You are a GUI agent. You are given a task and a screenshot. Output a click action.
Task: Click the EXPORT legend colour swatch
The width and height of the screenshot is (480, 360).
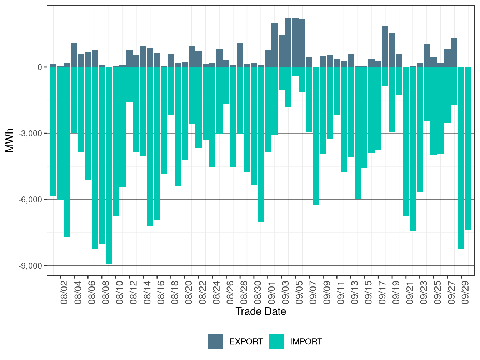216,341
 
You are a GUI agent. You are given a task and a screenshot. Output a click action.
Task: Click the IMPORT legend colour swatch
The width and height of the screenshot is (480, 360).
276,341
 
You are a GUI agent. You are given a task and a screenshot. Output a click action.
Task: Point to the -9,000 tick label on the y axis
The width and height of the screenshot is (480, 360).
32,266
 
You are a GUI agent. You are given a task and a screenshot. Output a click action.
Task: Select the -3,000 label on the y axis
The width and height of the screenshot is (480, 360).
32,134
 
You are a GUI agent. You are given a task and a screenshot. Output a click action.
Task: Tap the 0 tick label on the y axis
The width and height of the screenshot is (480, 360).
40,67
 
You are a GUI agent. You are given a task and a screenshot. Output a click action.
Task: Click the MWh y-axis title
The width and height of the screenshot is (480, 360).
10,140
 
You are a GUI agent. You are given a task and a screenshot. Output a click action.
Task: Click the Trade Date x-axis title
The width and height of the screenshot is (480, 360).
261,311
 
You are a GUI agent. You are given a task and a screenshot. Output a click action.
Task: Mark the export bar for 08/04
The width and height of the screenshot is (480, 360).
74,55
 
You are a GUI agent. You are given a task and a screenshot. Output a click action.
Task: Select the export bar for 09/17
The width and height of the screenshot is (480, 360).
385,46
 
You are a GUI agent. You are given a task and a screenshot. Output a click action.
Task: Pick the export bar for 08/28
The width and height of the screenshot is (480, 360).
240,55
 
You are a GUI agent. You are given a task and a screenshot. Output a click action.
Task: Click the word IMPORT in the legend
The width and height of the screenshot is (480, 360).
306,342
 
